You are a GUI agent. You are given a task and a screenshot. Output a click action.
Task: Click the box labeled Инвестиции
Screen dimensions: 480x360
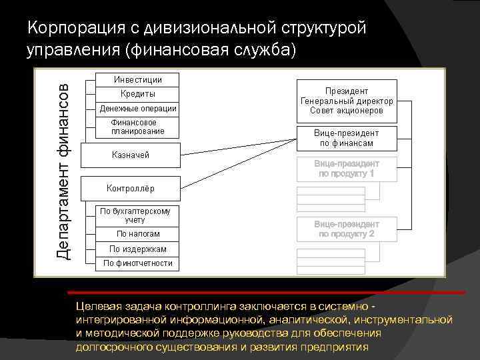coord(138,79)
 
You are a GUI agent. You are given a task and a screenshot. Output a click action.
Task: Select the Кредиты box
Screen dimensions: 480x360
coord(138,94)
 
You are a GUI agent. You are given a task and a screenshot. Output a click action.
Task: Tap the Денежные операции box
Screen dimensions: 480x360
coord(138,109)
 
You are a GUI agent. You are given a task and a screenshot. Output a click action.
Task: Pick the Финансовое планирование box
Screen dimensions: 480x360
coord(138,127)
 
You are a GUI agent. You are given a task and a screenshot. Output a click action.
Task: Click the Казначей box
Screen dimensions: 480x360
coord(131,155)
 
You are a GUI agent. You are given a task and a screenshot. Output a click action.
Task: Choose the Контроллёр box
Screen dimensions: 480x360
coord(131,188)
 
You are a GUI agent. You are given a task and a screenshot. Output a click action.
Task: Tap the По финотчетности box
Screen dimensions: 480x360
coord(138,263)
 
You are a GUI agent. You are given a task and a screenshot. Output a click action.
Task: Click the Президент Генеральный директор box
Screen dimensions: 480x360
coord(347,101)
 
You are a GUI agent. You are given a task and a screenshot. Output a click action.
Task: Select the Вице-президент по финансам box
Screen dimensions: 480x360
coord(347,138)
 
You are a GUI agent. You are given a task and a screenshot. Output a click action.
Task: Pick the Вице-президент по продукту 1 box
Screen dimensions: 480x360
coord(347,169)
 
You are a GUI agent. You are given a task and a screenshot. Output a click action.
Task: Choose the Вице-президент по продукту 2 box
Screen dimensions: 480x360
coord(347,229)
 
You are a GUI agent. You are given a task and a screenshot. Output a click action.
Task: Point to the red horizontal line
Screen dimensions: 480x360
coord(267,292)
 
